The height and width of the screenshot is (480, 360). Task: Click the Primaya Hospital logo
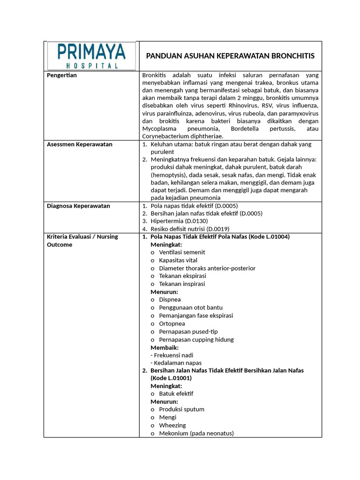(x=91, y=56)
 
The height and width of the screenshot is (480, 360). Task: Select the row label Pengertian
(x=62, y=75)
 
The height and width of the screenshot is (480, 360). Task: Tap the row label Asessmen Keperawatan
(x=80, y=144)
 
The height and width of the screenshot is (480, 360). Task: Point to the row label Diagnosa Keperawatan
(x=78, y=206)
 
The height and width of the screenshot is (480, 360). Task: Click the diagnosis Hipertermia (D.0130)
(x=179, y=221)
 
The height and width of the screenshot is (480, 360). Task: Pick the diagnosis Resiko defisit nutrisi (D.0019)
(x=190, y=229)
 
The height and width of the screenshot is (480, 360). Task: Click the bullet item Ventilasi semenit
(x=182, y=252)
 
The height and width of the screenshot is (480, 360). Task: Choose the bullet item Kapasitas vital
(x=178, y=260)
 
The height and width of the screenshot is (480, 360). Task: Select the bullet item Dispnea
(x=170, y=300)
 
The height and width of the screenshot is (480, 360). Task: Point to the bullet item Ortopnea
(x=172, y=323)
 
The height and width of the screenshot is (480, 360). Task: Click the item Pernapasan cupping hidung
(x=196, y=339)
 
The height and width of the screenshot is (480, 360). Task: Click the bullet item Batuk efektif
(x=176, y=394)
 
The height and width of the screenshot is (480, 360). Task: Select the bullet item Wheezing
(x=172, y=425)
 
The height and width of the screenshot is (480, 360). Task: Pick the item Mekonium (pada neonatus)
(x=196, y=433)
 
